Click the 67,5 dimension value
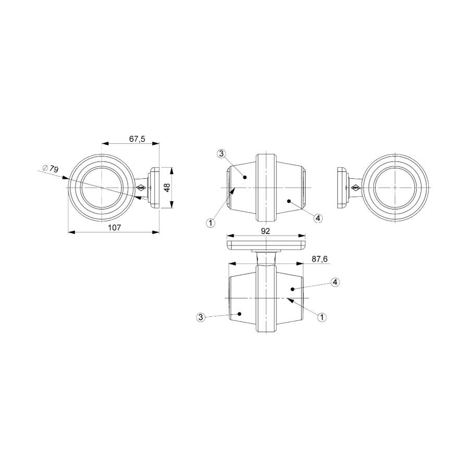[137, 139]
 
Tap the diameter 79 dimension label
[51, 169]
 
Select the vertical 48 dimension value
[167, 188]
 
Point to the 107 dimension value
[114, 228]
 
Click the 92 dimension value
[265, 231]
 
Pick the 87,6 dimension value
[319, 259]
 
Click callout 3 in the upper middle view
[221, 154]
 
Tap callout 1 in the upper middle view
[211, 223]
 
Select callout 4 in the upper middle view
[318, 218]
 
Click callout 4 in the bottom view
[335, 282]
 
